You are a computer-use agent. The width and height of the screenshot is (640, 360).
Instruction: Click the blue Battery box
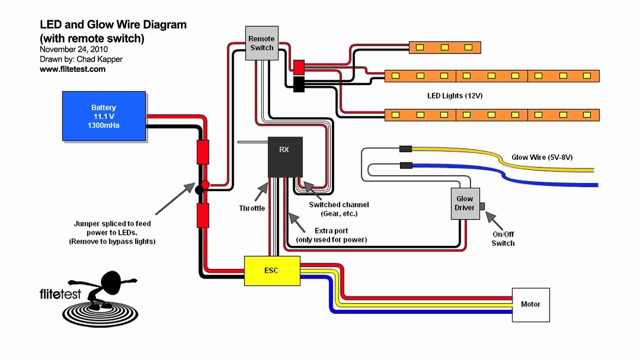(103, 116)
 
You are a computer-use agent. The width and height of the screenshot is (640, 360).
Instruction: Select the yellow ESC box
(272, 270)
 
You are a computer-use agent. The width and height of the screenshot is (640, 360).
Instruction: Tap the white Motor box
(530, 304)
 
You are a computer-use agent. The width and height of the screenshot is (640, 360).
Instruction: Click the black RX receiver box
(285, 156)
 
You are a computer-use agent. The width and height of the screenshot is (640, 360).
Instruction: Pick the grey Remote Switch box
(261, 43)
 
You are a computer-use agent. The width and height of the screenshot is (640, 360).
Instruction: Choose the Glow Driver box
(465, 203)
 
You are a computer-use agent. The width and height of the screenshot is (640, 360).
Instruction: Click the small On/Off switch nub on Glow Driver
(482, 206)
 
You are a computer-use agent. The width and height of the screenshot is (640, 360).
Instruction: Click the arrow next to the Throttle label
(262, 190)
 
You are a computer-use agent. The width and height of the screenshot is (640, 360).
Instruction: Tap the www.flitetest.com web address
(72, 69)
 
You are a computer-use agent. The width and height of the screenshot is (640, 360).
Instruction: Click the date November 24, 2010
(73, 49)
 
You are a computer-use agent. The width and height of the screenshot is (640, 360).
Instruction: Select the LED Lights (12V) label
(454, 95)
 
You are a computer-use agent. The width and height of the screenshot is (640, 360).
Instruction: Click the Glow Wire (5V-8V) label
(541, 157)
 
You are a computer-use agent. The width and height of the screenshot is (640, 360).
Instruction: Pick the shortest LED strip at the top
(444, 47)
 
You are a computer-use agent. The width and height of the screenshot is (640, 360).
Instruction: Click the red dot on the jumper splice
(205, 185)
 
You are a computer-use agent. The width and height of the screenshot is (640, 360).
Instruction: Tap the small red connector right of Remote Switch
(298, 66)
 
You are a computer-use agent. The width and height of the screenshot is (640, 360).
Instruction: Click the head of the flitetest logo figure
(111, 281)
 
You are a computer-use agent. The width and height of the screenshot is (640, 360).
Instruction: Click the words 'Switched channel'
(338, 204)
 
